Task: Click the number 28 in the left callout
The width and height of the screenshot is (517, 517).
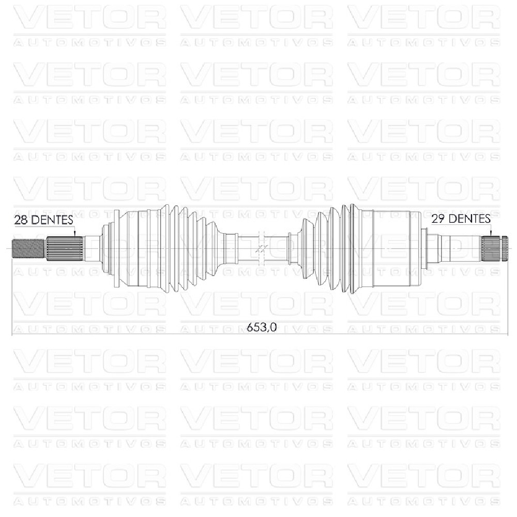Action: click(x=21, y=220)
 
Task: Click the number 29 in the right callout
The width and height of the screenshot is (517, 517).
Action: click(x=438, y=219)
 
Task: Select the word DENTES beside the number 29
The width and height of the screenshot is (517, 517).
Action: click(x=469, y=219)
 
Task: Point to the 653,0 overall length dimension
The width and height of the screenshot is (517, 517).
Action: click(x=262, y=327)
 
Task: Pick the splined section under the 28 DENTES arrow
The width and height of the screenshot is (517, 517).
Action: click(x=64, y=249)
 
